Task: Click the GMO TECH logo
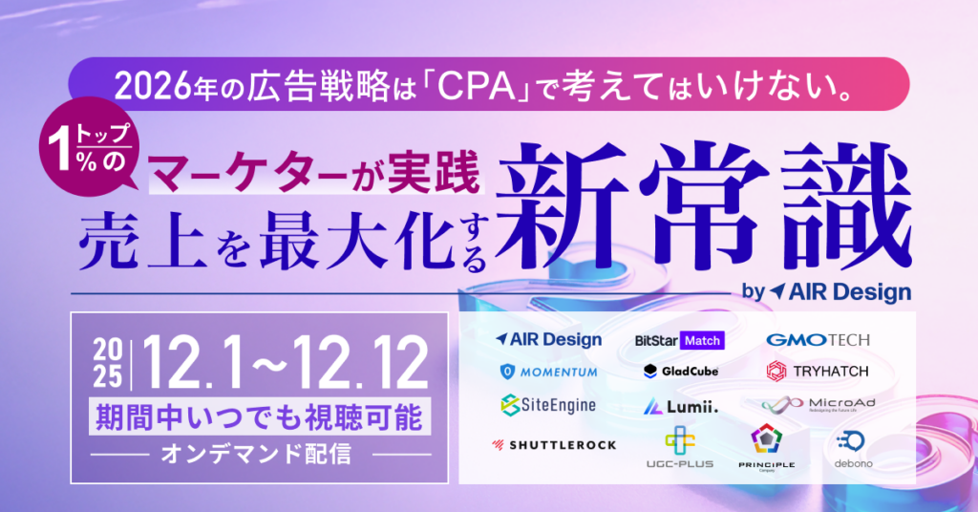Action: pyautogui.click(x=817, y=340)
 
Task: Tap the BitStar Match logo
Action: pyautogui.click(x=679, y=340)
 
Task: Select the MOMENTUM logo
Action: pyautogui.click(x=549, y=372)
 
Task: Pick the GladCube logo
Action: pyautogui.click(x=680, y=371)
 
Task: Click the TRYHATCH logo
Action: pyautogui.click(x=817, y=371)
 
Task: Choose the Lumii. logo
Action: pyautogui.click(x=680, y=406)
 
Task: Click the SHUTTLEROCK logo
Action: pyautogui.click(x=554, y=444)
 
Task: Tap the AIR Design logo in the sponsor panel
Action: pyautogui.click(x=549, y=339)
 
